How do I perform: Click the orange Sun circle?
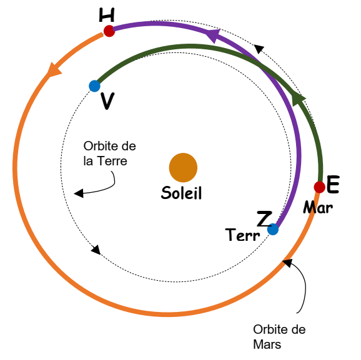click(x=183, y=167)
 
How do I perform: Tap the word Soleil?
click(x=181, y=193)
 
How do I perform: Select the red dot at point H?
click(x=109, y=31)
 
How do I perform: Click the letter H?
click(x=107, y=15)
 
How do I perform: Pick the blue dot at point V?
click(x=94, y=86)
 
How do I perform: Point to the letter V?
click(x=107, y=101)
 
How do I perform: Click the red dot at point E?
click(x=319, y=187)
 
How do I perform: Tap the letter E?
click(x=333, y=184)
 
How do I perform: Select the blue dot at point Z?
click(x=273, y=230)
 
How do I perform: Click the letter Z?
click(x=264, y=219)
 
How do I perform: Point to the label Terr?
click(x=243, y=235)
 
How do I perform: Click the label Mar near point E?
click(x=318, y=208)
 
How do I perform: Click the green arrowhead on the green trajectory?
click(x=298, y=99)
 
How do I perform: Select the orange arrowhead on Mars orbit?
click(x=54, y=70)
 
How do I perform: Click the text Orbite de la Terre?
click(x=109, y=153)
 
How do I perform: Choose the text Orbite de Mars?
click(x=279, y=337)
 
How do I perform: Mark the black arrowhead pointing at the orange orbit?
click(x=287, y=262)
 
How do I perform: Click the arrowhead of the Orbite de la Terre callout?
click(x=78, y=193)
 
